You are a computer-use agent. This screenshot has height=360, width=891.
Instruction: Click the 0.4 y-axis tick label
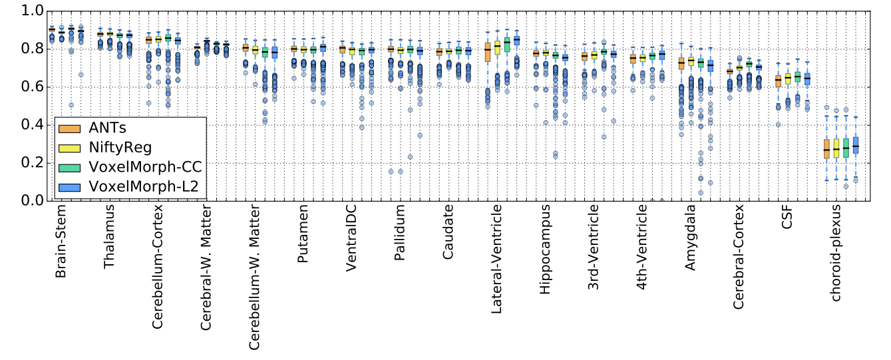click(x=34, y=125)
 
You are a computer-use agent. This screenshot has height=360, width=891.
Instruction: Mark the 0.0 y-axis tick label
click(x=34, y=201)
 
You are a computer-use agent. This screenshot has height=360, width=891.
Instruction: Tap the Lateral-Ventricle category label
click(x=496, y=258)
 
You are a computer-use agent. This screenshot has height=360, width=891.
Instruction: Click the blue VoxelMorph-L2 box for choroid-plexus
click(x=856, y=145)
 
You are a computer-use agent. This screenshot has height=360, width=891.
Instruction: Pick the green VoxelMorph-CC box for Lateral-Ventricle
click(x=507, y=45)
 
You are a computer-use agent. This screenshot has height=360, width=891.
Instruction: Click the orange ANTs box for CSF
click(x=778, y=81)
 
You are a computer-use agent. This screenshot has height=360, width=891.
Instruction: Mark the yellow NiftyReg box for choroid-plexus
click(x=836, y=148)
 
